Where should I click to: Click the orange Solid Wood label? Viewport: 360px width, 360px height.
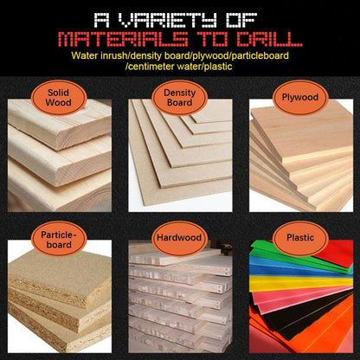pyautogui.click(x=59, y=98)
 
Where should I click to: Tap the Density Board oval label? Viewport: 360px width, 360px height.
pyautogui.click(x=179, y=98)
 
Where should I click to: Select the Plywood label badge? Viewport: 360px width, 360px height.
pyautogui.click(x=300, y=98)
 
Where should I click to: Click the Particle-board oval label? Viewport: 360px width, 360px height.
pyautogui.click(x=59, y=239)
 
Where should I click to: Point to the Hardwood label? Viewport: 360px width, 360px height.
pyautogui.click(x=179, y=238)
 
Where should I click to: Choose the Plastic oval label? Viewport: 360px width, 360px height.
pyautogui.click(x=300, y=238)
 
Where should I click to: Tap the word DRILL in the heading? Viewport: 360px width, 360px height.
pyautogui.click(x=269, y=39)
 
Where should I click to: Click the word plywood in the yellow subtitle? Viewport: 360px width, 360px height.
pyautogui.click(x=214, y=55)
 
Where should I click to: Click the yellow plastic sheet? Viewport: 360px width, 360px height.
pyautogui.click(x=300, y=282)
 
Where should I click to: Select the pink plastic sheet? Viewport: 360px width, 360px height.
pyautogui.click(x=288, y=299)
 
